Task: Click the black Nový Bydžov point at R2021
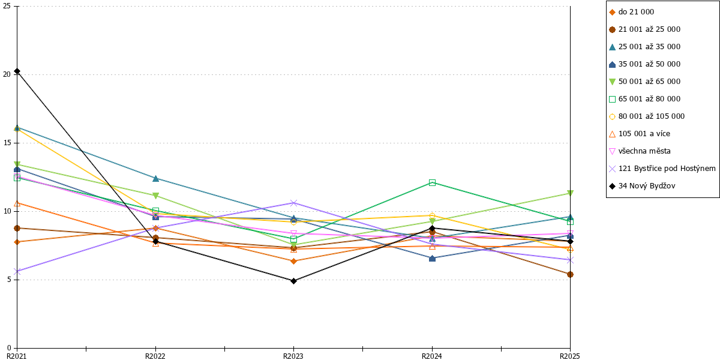tap(17, 71)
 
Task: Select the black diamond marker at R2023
tap(293, 281)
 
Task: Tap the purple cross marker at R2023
tap(293, 203)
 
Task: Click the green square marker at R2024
tap(432, 183)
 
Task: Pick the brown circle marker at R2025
tap(570, 274)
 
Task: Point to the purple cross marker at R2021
tap(17, 272)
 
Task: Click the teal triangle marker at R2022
tap(155, 178)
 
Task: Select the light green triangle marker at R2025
tap(570, 193)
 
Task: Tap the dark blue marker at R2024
tap(432, 258)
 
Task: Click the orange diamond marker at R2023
tap(293, 261)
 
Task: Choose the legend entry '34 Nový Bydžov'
tap(642, 186)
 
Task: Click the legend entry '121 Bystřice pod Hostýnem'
tap(662, 169)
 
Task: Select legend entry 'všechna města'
tap(640, 151)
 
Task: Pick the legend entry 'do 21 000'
tap(631, 12)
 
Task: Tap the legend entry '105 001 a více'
tap(640, 134)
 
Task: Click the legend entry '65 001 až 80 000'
tap(644, 99)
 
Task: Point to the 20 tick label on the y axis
tap(7, 74)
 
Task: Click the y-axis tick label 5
tap(8, 280)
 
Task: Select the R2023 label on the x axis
tap(293, 356)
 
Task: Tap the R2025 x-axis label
tap(570, 356)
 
